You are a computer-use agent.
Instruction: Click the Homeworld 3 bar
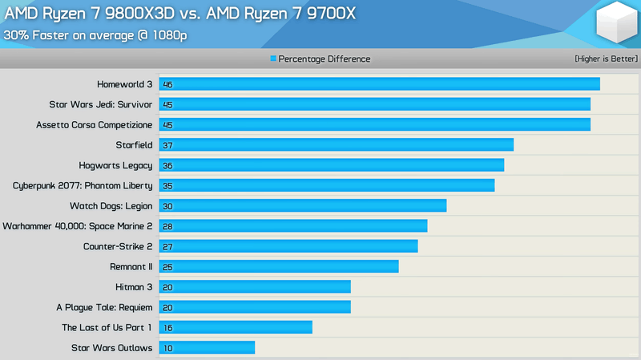point(379,84)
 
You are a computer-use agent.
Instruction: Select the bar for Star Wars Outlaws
point(207,347)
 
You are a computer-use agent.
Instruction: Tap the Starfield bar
point(336,145)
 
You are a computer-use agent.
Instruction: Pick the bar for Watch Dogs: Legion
point(302,205)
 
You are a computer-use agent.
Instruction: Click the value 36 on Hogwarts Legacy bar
point(167,166)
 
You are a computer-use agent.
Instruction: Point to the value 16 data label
point(167,328)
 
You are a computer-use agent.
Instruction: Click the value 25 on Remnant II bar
point(167,267)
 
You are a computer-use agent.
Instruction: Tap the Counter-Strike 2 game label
point(118,246)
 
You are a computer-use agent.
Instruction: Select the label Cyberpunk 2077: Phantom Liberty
point(83,185)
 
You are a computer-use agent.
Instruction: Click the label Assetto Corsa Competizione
point(94,125)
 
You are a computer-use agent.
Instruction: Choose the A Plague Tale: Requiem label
point(104,307)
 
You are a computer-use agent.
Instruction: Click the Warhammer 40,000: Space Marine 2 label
point(78,226)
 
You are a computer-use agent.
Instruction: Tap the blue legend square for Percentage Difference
point(273,59)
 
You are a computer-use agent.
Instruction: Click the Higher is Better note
point(606,59)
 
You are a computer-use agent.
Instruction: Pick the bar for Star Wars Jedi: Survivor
point(374,104)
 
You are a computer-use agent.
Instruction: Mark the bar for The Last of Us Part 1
point(236,327)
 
